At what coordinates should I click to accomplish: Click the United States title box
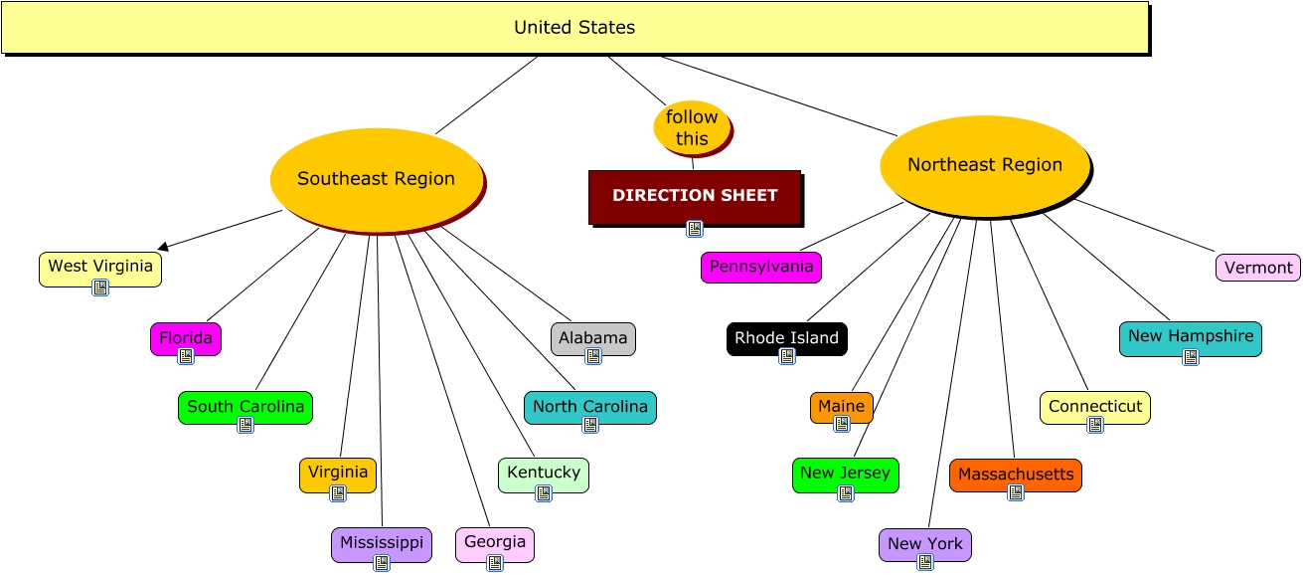[x=574, y=28]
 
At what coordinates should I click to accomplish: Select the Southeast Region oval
[x=377, y=179]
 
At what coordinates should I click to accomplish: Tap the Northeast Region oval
[x=985, y=165]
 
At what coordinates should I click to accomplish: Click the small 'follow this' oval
[x=692, y=128]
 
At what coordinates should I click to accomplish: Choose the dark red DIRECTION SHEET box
[x=695, y=196]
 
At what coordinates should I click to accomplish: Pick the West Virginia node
[x=100, y=267]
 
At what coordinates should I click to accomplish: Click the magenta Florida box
[x=186, y=338]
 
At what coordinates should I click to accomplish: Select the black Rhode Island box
[x=787, y=338]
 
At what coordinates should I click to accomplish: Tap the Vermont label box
[x=1258, y=268]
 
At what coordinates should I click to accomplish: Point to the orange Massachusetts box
[x=1016, y=475]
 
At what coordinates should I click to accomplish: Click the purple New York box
[x=925, y=544]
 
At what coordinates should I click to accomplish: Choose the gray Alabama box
[x=593, y=338]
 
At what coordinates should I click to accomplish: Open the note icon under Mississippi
[x=382, y=563]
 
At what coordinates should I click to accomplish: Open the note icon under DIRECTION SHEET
[x=695, y=229]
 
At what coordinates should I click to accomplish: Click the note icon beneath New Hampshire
[x=1191, y=357]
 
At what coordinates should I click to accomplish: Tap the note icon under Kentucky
[x=544, y=493]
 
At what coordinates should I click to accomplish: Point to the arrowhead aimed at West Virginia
[x=163, y=246]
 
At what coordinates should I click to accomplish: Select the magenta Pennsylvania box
[x=761, y=268]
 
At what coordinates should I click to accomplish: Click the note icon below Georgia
[x=495, y=563]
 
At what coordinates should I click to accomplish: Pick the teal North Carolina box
[x=590, y=407]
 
